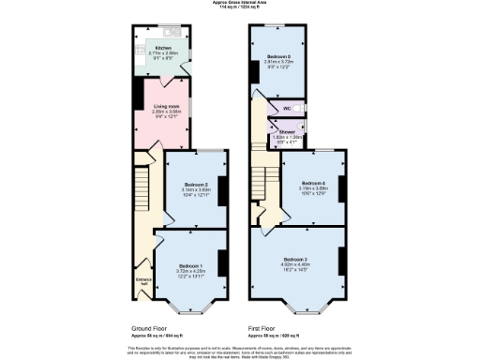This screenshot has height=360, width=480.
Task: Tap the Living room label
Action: pos(167,107)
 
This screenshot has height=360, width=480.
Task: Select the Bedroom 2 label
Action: pos(196,184)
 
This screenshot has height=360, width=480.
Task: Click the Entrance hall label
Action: pos(143,281)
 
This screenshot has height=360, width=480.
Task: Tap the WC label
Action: pos(287,109)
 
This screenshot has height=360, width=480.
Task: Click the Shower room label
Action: pos(287,132)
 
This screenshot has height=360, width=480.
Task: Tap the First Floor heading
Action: pos(266,329)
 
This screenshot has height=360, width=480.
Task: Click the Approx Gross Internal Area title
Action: pos(240,3)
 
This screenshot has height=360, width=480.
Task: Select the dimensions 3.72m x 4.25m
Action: pos(190,271)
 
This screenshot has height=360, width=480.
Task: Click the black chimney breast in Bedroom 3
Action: pos(339,260)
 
